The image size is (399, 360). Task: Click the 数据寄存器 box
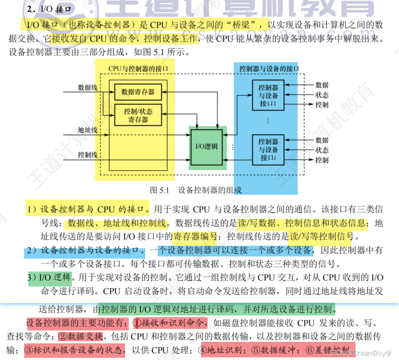click(138, 92)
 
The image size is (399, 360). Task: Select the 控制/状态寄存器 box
click(138, 116)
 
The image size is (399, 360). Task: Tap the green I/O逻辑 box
click(208, 146)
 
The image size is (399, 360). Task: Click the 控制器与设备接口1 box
click(268, 95)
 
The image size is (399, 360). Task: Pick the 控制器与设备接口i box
click(268, 150)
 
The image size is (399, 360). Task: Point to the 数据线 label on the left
click(87, 87)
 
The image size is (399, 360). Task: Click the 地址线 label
click(87, 130)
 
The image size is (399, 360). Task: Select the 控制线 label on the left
click(87, 155)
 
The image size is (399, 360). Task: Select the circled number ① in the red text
click(137, 324)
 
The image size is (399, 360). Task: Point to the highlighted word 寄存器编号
click(203, 236)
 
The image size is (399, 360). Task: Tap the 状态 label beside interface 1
click(322, 94)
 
